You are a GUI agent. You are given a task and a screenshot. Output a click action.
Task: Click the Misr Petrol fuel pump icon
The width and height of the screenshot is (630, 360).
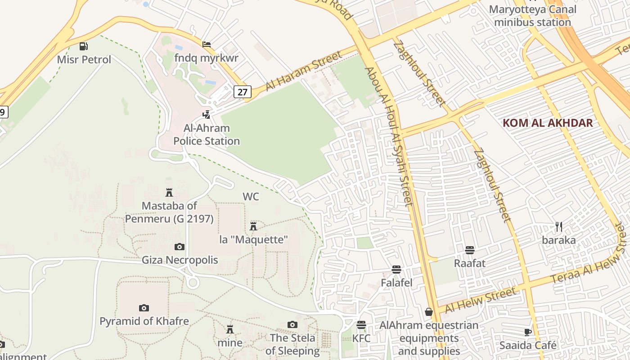[84, 46]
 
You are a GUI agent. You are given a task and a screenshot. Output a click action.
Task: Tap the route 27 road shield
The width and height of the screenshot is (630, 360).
[242, 92]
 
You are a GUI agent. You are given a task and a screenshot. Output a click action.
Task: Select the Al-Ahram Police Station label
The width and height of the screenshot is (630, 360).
[207, 135]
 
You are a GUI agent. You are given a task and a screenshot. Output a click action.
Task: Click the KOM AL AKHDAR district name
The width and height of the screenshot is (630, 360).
[548, 123]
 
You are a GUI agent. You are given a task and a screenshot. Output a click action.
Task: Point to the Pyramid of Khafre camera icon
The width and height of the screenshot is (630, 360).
[144, 308]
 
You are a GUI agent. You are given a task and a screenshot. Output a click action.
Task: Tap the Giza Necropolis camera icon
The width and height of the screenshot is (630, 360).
[180, 247]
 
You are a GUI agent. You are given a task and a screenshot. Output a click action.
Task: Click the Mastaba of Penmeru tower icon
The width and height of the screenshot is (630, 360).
[169, 193]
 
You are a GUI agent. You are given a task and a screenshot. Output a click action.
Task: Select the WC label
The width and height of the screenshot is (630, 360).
[251, 197]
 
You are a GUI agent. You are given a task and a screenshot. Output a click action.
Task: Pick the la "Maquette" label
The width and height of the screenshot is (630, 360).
[253, 239]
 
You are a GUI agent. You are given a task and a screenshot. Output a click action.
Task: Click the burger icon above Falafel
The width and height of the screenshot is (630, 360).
[396, 270]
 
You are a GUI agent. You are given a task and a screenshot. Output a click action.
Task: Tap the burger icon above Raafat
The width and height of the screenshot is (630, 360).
[470, 250]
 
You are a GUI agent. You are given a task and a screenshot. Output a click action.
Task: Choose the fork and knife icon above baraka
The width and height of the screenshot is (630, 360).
[559, 226]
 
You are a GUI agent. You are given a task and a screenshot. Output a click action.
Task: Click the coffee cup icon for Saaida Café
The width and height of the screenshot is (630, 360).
[528, 332]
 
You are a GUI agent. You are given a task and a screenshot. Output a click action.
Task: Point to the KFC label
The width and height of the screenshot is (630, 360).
[361, 338]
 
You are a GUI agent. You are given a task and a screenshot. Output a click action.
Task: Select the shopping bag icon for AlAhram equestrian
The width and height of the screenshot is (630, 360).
[429, 312]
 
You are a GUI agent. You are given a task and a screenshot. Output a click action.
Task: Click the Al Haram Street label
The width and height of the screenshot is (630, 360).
[304, 71]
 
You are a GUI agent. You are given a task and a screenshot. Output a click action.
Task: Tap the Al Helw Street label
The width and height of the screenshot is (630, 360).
[481, 300]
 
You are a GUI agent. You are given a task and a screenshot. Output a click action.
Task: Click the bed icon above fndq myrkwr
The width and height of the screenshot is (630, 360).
[207, 45]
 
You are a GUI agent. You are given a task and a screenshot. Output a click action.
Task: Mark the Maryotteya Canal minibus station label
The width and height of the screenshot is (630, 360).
[532, 16]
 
